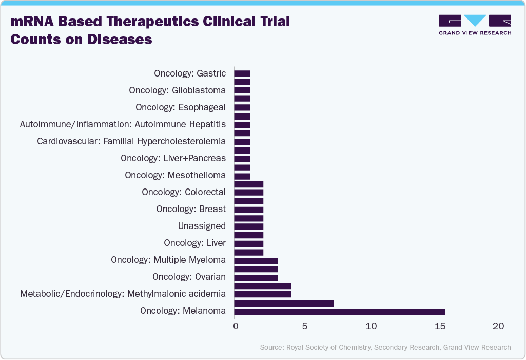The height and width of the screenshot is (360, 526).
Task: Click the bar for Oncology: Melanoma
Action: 339,312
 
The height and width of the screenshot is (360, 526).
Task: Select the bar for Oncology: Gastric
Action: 242,73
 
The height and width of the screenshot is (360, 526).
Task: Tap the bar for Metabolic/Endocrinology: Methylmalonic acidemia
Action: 262,294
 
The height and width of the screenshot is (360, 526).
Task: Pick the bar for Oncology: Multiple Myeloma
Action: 256,260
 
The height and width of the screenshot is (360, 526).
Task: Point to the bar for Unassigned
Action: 248,226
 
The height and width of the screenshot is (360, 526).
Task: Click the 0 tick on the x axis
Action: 235,326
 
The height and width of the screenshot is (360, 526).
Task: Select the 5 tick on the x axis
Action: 305,326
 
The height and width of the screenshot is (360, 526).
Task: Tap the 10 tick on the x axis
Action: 371,326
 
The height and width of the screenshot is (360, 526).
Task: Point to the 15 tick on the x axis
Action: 440,326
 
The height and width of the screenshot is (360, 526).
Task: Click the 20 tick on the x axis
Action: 498,326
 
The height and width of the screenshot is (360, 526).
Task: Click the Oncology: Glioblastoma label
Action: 177,90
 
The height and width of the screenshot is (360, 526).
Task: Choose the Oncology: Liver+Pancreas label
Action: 173,158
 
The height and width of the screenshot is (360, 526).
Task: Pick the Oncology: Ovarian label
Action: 189,277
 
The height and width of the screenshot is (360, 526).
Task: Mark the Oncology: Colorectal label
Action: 184,192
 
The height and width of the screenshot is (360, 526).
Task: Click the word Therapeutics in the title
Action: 147,22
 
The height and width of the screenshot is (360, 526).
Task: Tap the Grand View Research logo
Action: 475,25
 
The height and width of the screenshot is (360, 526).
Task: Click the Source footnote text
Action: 385,347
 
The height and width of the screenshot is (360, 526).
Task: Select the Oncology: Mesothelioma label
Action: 175,175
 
